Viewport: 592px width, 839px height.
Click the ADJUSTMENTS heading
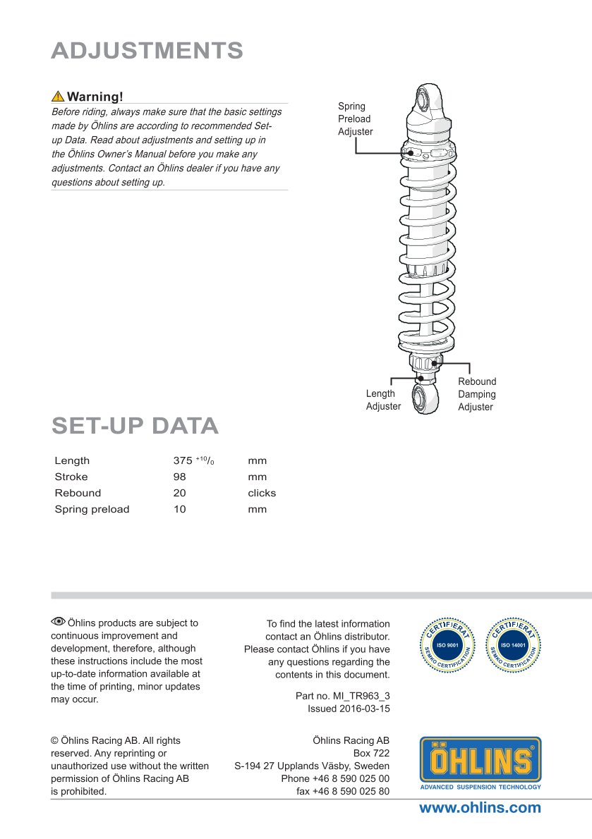147,51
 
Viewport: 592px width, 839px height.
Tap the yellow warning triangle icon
58,97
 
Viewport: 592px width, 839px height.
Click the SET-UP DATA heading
135,426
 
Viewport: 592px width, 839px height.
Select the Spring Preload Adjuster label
355,118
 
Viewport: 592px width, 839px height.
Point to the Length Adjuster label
382,400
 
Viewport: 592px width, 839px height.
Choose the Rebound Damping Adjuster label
477,394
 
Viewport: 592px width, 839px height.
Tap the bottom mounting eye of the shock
427,400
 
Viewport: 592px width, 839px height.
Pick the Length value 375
183,460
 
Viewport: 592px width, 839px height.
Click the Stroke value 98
179,477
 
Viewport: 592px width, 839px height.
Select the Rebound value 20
179,493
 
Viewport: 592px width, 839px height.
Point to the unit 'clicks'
262,493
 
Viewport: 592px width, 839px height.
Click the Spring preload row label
92,509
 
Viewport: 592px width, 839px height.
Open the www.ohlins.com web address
480,808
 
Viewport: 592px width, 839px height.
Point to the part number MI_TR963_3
361,696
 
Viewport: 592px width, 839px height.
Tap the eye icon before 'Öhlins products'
58,622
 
